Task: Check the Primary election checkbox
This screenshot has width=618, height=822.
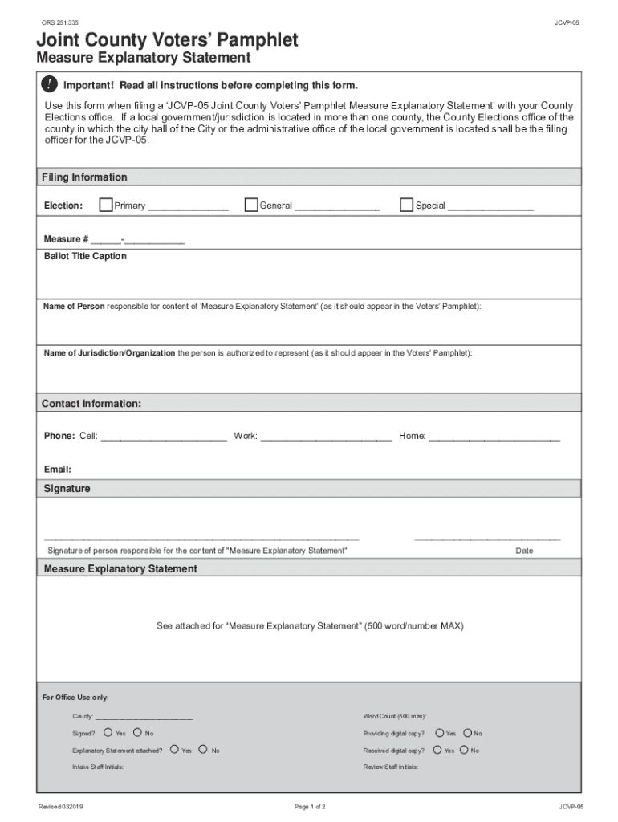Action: (105, 205)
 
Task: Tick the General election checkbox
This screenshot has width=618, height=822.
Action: (251, 205)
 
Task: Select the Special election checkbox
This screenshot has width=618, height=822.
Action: (406, 205)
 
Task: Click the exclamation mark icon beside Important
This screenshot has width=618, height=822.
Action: (50, 85)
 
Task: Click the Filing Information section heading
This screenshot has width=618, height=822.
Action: (84, 177)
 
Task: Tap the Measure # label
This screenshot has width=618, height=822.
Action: (66, 239)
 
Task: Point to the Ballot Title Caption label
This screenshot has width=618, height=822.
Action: (85, 257)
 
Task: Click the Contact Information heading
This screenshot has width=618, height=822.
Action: (91, 404)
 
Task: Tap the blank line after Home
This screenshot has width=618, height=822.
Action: (494, 437)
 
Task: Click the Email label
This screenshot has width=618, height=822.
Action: (57, 470)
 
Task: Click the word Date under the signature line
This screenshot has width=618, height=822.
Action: (524, 551)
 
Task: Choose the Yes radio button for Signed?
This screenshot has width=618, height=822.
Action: (108, 732)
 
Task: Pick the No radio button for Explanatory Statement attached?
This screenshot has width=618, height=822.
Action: (203, 750)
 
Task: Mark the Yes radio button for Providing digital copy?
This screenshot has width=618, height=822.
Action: (438, 732)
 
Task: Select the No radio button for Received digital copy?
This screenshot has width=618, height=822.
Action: (464, 750)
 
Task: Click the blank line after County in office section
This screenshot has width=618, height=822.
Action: (144, 716)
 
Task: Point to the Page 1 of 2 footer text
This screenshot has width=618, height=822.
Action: (310, 806)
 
